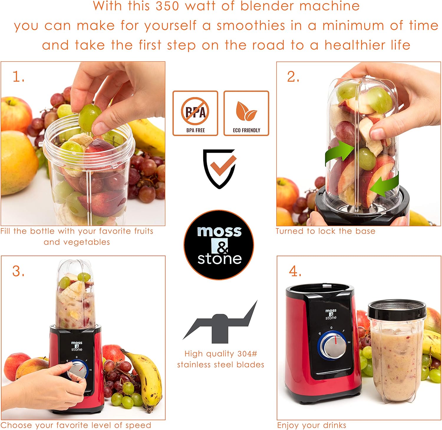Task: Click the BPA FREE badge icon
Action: point(195,113)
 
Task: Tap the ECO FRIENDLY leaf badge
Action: point(246,113)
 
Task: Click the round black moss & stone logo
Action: point(219,245)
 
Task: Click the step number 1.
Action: point(18,77)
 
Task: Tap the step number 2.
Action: point(293,77)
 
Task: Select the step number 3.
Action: point(18,271)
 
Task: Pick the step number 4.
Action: point(295,271)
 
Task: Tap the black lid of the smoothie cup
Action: point(397,309)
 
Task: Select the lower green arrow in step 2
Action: point(384,185)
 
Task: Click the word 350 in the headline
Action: point(167,6)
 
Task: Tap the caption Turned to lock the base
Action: point(326,231)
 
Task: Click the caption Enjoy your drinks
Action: point(312,425)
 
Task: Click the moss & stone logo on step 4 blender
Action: point(331,314)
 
